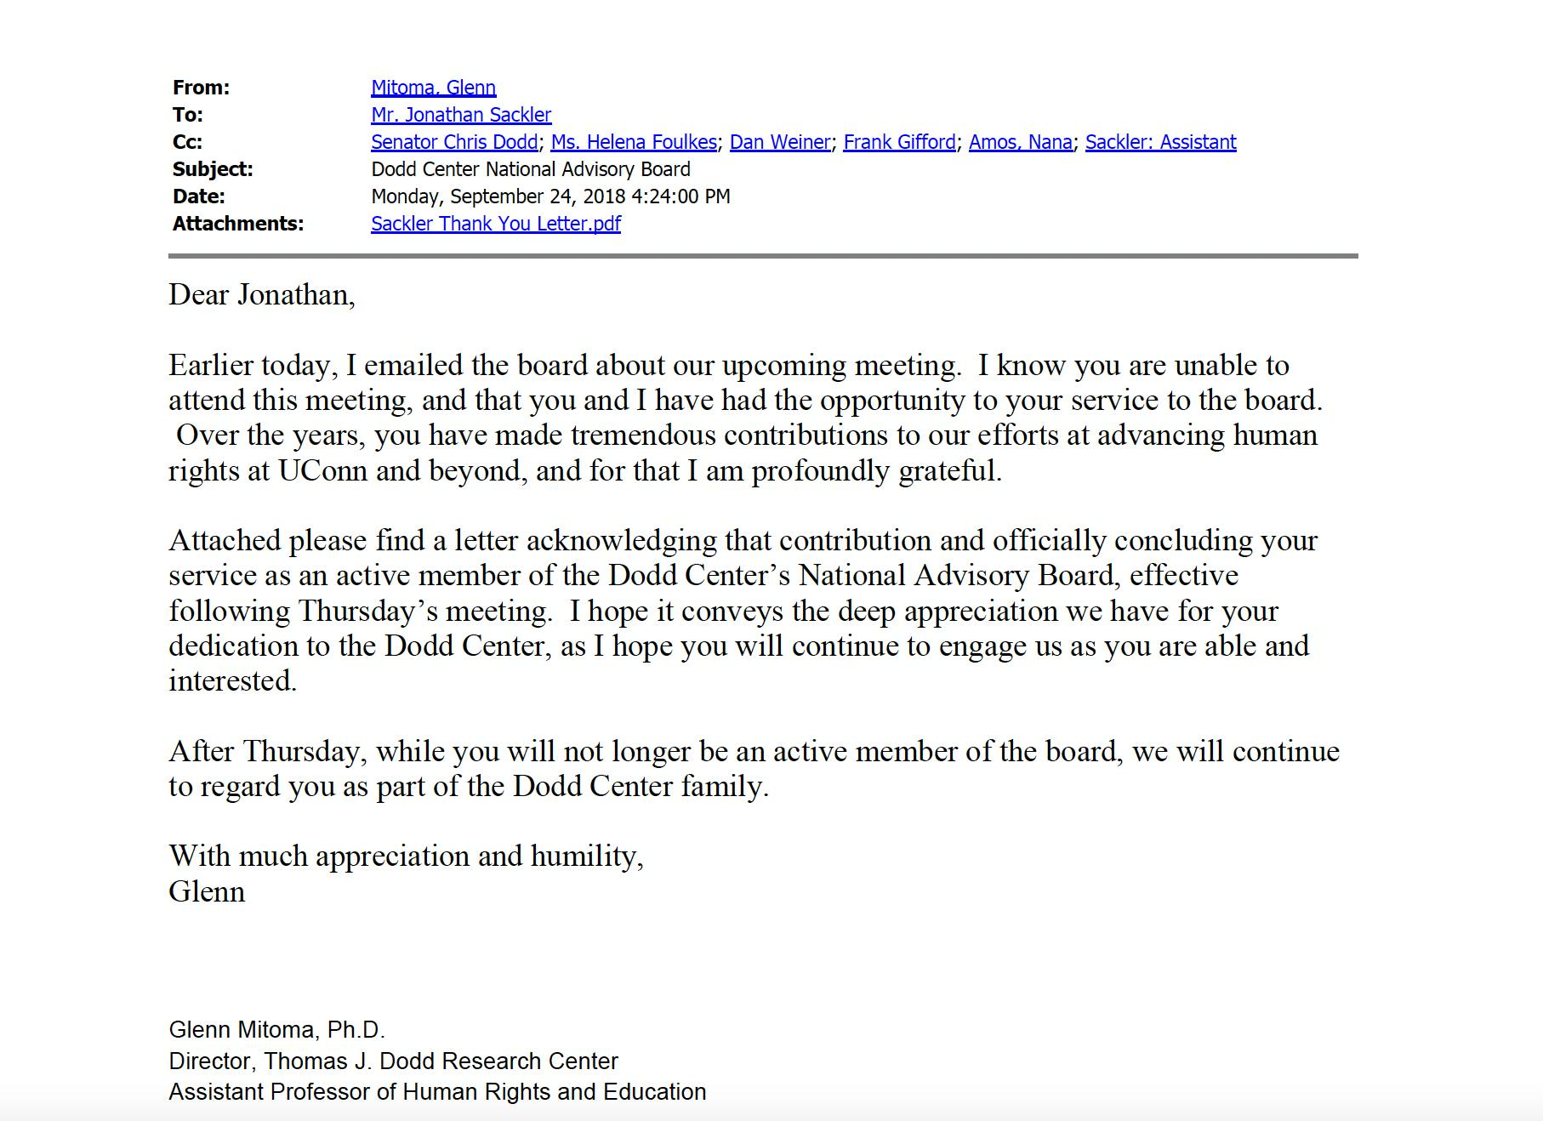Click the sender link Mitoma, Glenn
tap(433, 88)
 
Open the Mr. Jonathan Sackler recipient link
tap(461, 115)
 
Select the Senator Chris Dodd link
tap(454, 142)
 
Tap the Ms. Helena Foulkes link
tap(634, 142)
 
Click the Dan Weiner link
tap(780, 142)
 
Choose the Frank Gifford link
tap(899, 142)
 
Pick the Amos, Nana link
tap(1020, 142)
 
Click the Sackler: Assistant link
tap(1160, 142)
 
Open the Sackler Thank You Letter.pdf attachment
tap(496, 224)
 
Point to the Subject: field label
tap(213, 169)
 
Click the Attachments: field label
tap(238, 224)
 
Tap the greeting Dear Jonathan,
tap(262, 295)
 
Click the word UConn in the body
tap(323, 470)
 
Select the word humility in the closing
tap(586, 856)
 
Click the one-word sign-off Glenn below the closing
tap(207, 891)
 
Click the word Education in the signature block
tap(654, 1092)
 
